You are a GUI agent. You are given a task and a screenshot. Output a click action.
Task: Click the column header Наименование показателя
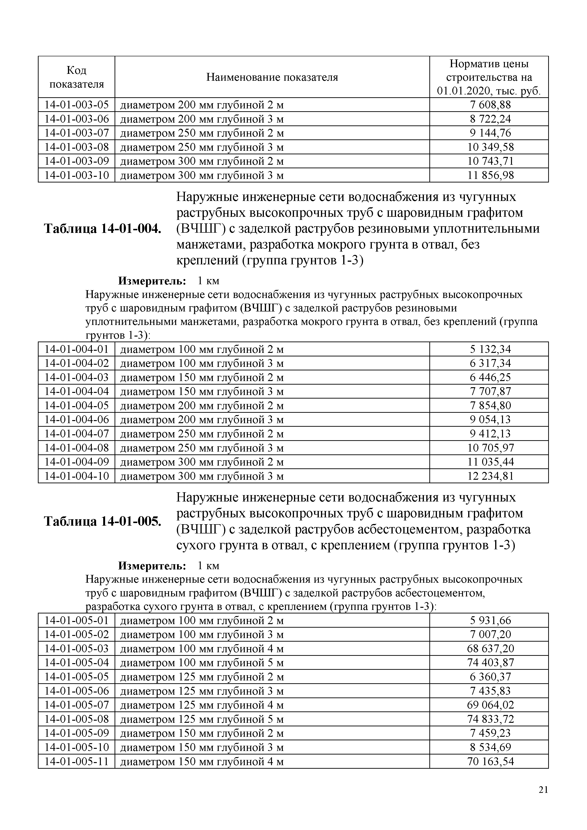(272, 77)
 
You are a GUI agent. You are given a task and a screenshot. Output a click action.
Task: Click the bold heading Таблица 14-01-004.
(102, 229)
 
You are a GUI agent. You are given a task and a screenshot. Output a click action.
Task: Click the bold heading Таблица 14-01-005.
(102, 521)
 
